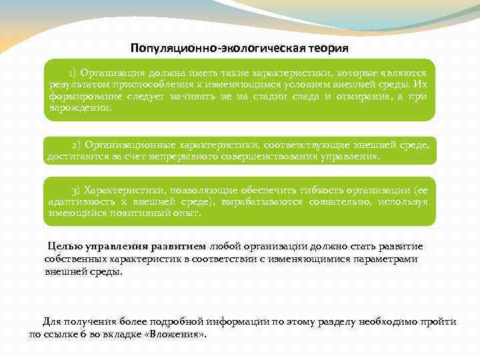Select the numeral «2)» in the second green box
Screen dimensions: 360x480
[77, 145]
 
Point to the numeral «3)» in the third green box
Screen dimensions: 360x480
[77, 189]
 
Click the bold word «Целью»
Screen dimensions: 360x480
[63, 246]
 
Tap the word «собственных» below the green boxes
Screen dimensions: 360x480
[74, 259]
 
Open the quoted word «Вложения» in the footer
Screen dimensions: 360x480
[180, 334]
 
